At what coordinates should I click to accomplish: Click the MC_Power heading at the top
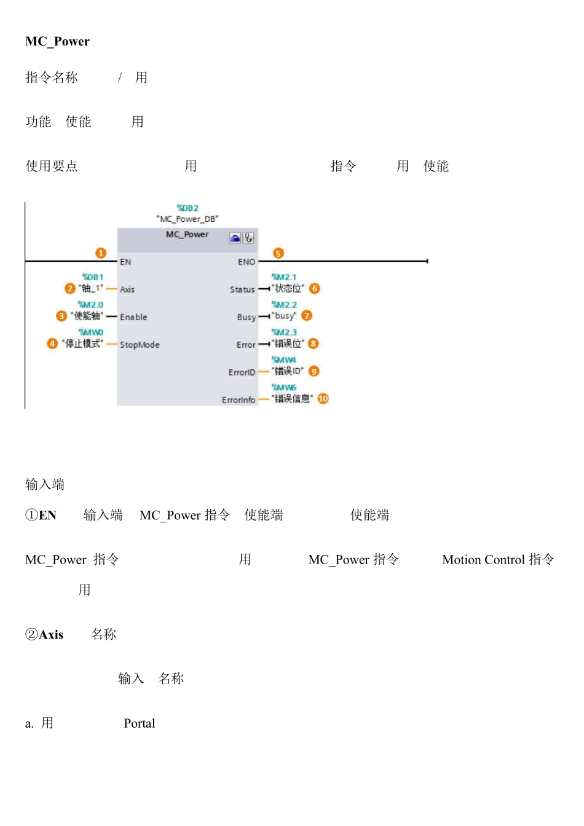[57, 41]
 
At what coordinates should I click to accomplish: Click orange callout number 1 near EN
[101, 253]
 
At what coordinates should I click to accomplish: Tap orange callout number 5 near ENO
[278, 253]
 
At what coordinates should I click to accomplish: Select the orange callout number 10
[323, 398]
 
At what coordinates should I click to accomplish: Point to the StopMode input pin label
[140, 345]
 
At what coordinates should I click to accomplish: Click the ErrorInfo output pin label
[239, 400]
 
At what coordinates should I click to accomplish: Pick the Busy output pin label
[246, 317]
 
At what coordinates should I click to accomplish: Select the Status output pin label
[242, 289]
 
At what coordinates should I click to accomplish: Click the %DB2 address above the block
[187, 208]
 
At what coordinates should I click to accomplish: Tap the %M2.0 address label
[90, 305]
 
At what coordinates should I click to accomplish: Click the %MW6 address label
[284, 387]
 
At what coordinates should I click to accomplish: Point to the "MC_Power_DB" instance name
[187, 219]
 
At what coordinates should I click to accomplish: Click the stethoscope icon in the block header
[248, 237]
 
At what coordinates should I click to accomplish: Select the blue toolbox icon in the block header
[235, 237]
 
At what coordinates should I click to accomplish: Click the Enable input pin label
[133, 317]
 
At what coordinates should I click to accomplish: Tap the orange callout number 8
[313, 344]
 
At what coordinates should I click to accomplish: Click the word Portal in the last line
[140, 723]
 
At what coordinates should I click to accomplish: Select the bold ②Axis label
[44, 634]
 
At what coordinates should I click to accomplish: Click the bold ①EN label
[41, 515]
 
